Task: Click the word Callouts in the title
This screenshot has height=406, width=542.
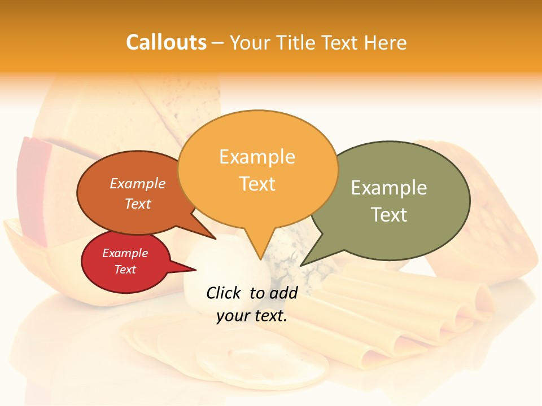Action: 166,42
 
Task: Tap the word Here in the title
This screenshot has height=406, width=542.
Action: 385,42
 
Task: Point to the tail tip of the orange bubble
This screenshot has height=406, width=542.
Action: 260,259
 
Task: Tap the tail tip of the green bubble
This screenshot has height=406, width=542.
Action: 301,265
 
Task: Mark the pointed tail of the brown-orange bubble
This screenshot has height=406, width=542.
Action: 215,239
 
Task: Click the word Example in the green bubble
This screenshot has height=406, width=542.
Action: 389,187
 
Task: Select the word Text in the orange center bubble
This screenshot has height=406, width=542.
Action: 257,184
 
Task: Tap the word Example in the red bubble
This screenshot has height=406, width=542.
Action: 125,253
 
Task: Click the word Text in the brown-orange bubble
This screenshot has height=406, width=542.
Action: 138,204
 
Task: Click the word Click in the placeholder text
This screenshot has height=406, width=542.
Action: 224,293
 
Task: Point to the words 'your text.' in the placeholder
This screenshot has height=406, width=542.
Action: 252,316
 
